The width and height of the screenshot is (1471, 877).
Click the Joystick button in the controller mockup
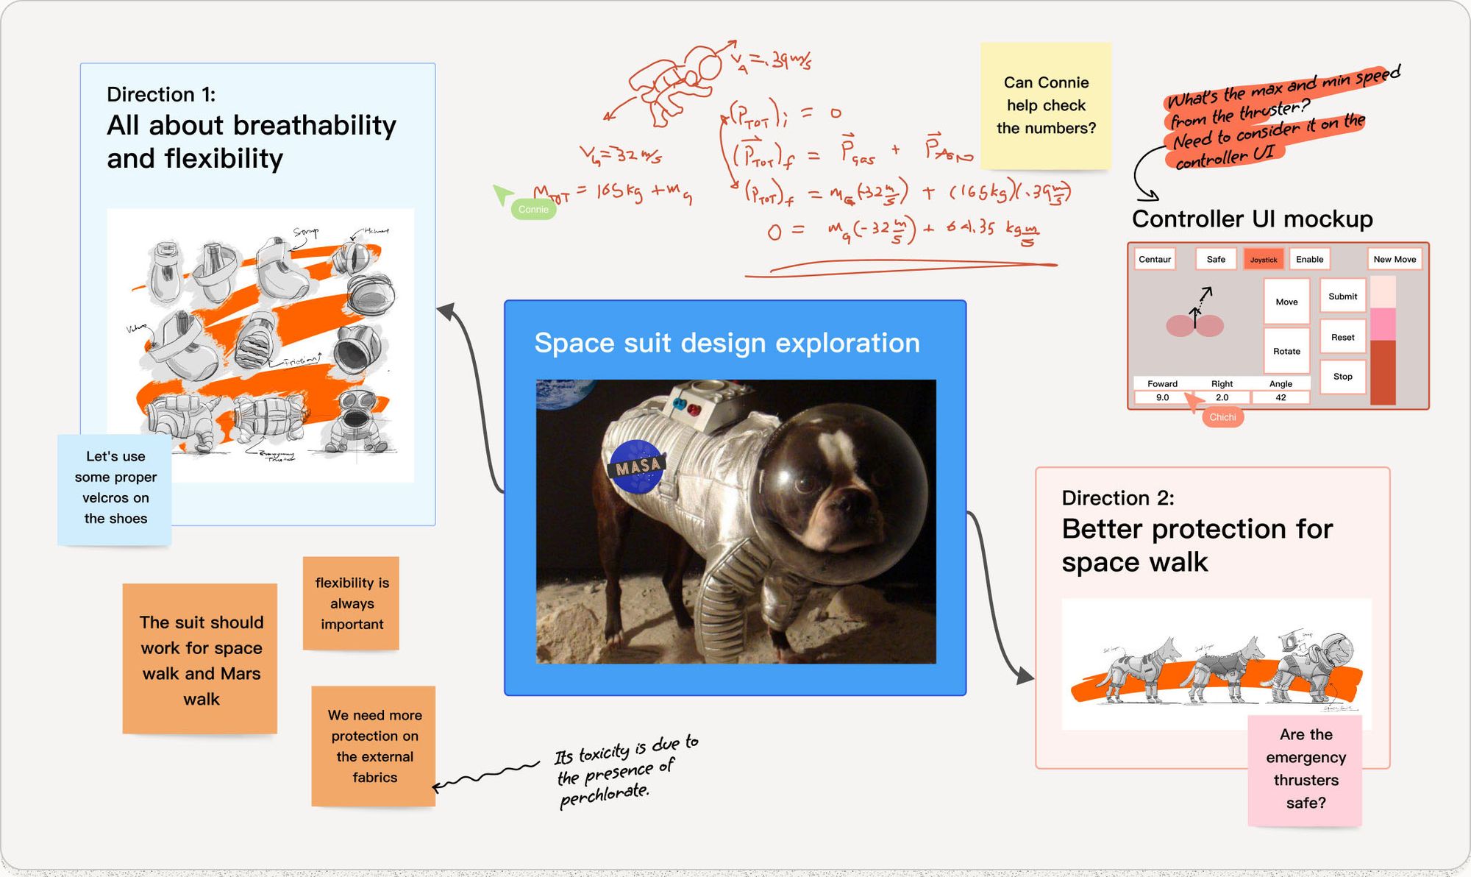(x=1264, y=260)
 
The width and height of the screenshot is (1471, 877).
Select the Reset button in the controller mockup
(x=1342, y=338)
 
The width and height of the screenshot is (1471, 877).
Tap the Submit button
(x=1342, y=297)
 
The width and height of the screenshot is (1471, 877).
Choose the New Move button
(x=1394, y=260)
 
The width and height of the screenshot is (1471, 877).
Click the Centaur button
(x=1155, y=260)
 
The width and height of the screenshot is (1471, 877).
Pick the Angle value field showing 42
(x=1281, y=398)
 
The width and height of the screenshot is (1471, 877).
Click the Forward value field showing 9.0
(x=1162, y=398)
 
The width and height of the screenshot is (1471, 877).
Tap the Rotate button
(x=1286, y=352)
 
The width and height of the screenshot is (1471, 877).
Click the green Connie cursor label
(x=533, y=210)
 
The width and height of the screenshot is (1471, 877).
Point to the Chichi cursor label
(x=1222, y=417)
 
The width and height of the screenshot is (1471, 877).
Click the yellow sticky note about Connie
(x=1046, y=106)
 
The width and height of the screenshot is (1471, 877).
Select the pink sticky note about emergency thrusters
(x=1306, y=769)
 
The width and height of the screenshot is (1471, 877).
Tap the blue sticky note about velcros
(x=115, y=488)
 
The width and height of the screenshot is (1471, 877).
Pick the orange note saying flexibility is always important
(x=352, y=603)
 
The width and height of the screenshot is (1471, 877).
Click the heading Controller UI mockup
(x=1252, y=219)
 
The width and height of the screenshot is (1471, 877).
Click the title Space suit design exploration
(x=727, y=343)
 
